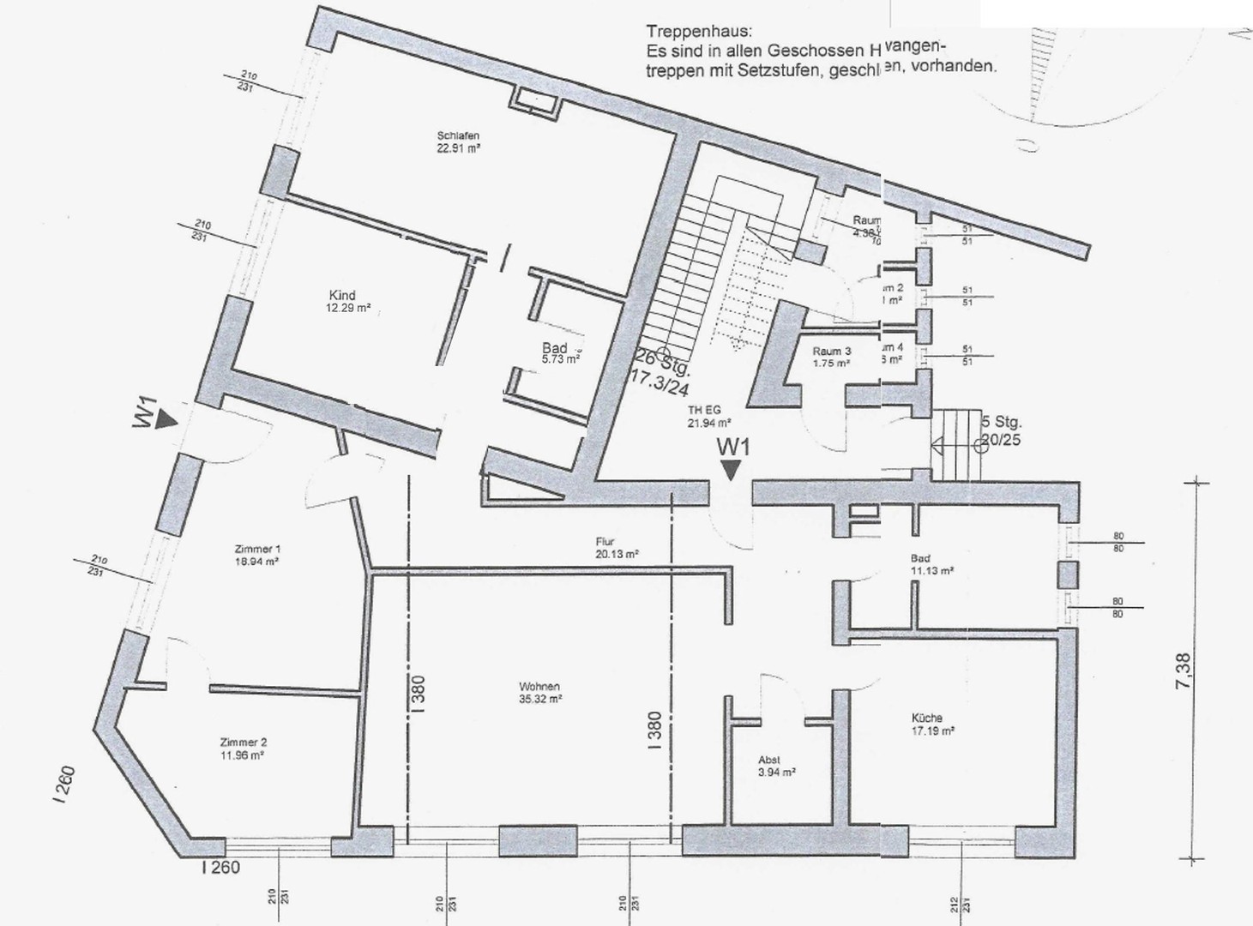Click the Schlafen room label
click(x=458, y=135)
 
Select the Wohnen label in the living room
click(x=539, y=687)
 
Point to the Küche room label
click(x=927, y=718)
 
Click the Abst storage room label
click(x=769, y=760)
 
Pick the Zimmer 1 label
click(x=257, y=549)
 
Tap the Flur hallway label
click(x=605, y=542)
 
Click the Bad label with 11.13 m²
click(x=920, y=559)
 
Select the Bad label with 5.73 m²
click(x=554, y=348)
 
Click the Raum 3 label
click(x=832, y=351)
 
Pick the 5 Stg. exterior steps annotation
click(x=1002, y=423)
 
